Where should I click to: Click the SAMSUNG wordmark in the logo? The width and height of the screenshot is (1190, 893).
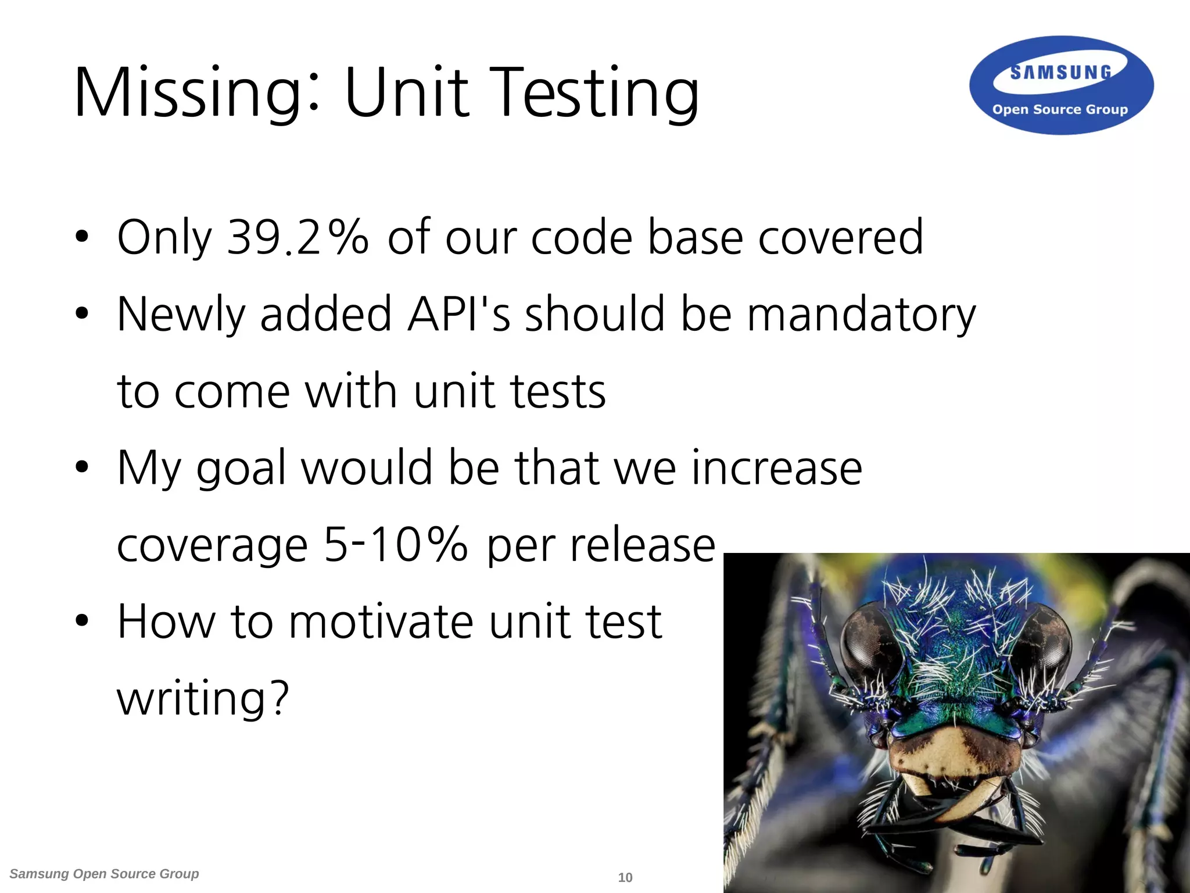[1060, 73]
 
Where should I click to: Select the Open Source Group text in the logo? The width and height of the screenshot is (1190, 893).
[1060, 109]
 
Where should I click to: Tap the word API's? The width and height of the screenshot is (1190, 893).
[459, 314]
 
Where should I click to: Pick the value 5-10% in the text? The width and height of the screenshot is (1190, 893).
[395, 545]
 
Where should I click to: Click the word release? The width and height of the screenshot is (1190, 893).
[642, 545]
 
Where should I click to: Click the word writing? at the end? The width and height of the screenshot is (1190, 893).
[203, 698]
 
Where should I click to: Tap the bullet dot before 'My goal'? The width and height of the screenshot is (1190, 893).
[82, 467]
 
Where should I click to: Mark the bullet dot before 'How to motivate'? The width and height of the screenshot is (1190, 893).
[82, 620]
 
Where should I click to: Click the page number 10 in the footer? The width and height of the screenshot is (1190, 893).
[625, 877]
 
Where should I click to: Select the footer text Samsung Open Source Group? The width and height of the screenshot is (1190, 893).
[104, 874]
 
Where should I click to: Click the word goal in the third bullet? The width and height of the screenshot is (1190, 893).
[241, 468]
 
